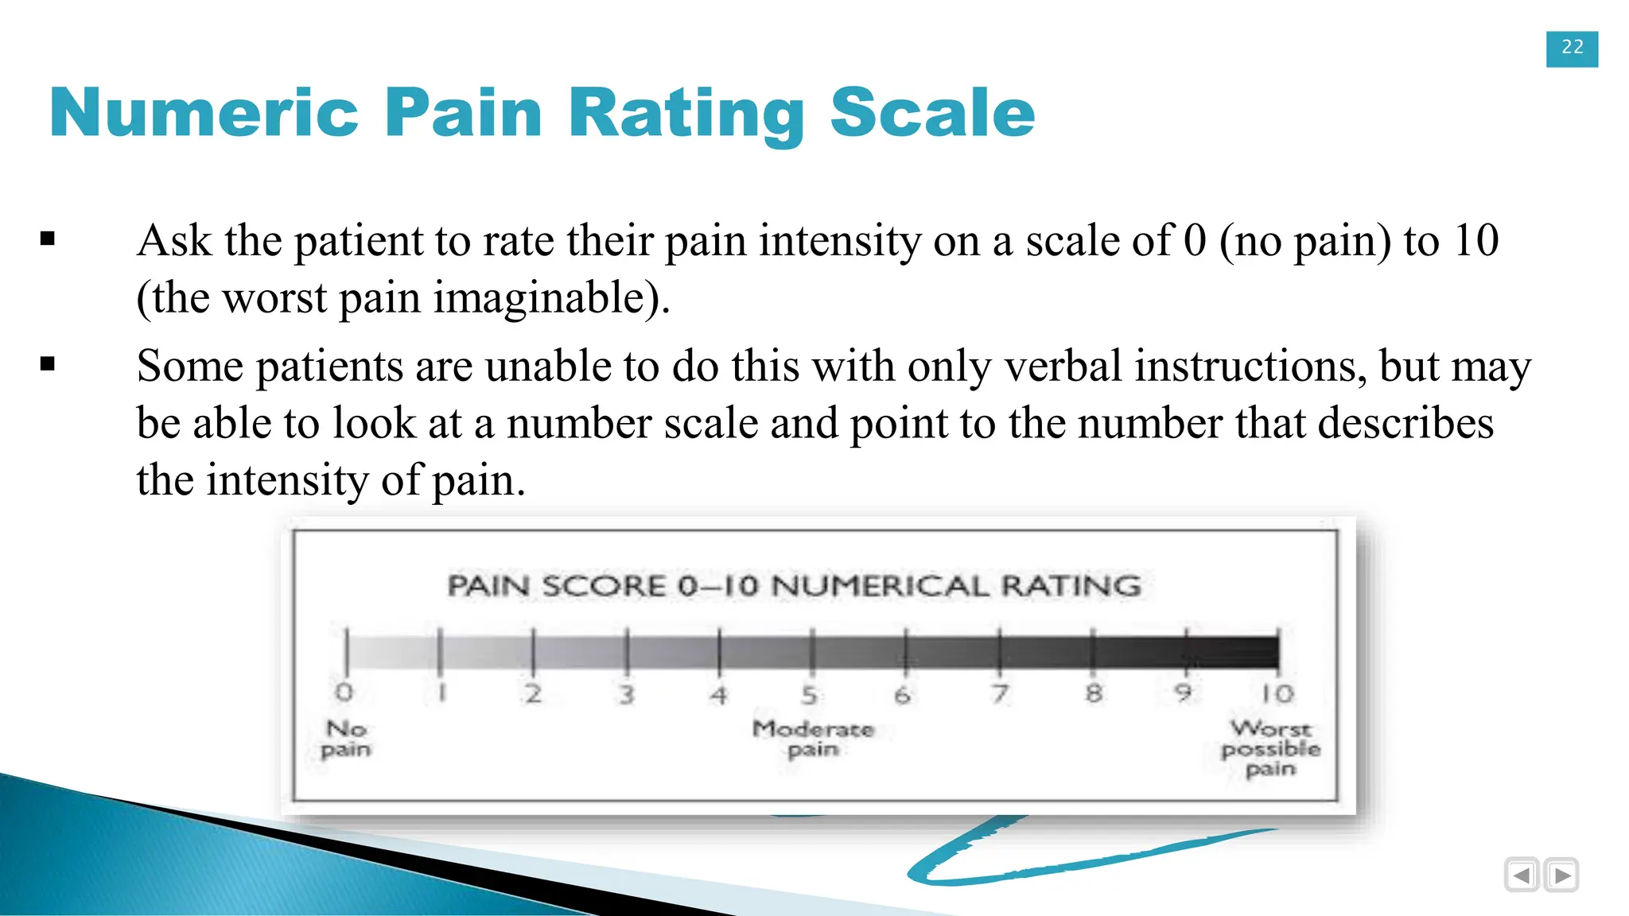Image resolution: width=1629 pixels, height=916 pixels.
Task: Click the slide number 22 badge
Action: pos(1572,49)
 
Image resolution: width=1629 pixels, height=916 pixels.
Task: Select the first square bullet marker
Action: pos(48,239)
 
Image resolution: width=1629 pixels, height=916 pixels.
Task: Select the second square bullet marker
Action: pos(48,364)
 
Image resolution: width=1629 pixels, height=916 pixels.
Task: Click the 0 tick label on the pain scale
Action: pos(344,693)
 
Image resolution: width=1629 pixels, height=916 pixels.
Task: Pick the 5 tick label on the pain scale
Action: pos(809,695)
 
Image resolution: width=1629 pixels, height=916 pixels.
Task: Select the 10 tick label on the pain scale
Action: pos(1277,694)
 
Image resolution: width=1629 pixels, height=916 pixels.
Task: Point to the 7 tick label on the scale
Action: pos(1000,694)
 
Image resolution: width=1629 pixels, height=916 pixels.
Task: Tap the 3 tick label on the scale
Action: pos(627,695)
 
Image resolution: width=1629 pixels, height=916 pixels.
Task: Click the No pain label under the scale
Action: pos(346,739)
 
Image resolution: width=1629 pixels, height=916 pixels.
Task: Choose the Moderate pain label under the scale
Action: pos(813,739)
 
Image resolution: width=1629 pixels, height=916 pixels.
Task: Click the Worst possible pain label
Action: pos(1270,748)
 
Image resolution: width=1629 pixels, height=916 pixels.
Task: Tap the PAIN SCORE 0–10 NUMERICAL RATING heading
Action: pos(794,586)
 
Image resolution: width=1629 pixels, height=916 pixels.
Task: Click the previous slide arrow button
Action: pos(1522,875)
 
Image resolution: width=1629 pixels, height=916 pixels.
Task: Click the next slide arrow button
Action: pos(1561,875)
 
